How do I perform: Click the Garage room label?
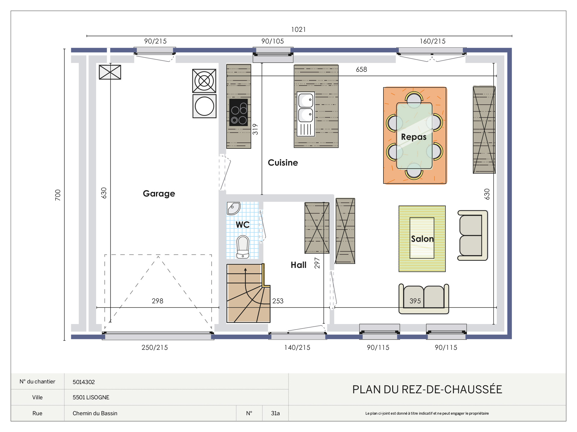click(x=159, y=194)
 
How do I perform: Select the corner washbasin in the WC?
click(x=233, y=208)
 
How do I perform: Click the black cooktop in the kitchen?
click(x=239, y=112)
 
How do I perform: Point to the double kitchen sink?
click(x=306, y=114)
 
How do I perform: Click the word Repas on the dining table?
click(x=414, y=137)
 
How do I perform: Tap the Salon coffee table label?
click(x=422, y=239)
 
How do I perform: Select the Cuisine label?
click(x=283, y=163)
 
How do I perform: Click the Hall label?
click(x=298, y=265)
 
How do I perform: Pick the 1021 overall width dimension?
click(x=298, y=29)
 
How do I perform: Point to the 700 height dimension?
click(x=58, y=195)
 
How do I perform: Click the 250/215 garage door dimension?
click(x=155, y=347)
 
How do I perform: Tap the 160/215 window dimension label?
click(x=432, y=41)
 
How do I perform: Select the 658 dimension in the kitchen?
click(x=361, y=69)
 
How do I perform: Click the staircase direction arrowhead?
click(x=246, y=269)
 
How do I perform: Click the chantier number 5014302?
click(x=84, y=382)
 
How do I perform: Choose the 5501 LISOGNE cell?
click(x=91, y=397)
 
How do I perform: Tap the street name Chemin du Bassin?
click(x=95, y=413)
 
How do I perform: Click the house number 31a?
click(x=275, y=413)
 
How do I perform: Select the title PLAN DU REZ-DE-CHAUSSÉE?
click(x=427, y=389)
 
